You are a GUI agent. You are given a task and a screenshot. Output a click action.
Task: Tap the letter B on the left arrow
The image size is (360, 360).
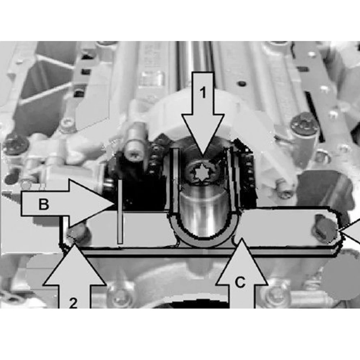tap(44, 204)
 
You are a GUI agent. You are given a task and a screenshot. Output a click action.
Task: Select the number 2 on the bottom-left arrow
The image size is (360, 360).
tap(73, 303)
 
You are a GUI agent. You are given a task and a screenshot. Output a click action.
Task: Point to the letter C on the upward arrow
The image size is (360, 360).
tap(240, 282)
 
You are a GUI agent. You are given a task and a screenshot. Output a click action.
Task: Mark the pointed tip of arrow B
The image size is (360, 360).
tap(114, 204)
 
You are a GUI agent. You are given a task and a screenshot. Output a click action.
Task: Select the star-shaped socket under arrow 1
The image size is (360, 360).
tap(202, 173)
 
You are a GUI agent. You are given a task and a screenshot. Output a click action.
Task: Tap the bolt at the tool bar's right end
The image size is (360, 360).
tap(324, 229)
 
